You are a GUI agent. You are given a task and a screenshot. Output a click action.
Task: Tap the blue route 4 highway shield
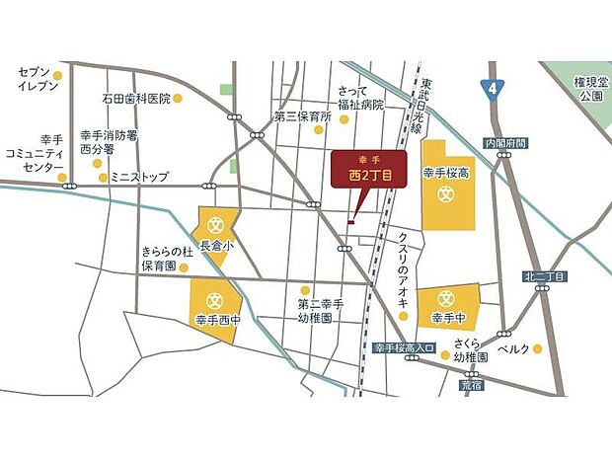click(x=492, y=89)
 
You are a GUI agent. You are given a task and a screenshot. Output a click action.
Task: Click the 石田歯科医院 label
click(x=135, y=99)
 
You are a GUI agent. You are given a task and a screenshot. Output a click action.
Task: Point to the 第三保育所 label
click(x=302, y=115)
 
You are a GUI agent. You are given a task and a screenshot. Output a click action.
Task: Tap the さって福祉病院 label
click(x=358, y=97)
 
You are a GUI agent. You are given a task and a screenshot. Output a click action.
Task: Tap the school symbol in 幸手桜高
click(x=444, y=193)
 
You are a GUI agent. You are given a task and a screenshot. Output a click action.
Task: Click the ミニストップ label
click(x=139, y=178)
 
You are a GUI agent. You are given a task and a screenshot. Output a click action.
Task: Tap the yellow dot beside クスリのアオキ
click(x=403, y=303)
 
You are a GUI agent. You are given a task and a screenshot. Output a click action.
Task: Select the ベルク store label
click(x=514, y=348)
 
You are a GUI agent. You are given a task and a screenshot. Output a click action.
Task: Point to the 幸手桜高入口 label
click(x=404, y=347)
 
